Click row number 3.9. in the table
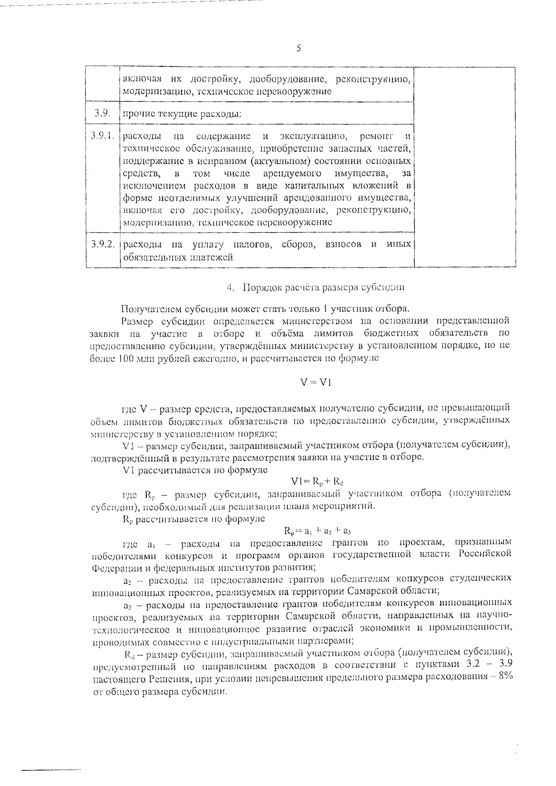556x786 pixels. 102,113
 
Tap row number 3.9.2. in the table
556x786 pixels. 102,244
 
